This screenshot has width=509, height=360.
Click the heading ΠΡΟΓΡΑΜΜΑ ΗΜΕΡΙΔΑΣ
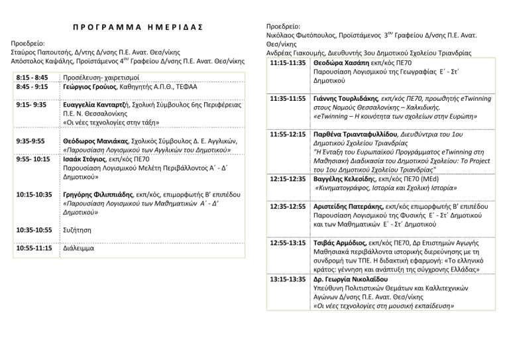(137, 31)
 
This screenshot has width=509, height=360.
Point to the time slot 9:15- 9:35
(30, 105)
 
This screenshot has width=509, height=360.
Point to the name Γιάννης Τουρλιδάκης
(350, 98)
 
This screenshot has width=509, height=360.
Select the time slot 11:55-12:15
(288, 134)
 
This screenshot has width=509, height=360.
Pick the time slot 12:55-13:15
(288, 243)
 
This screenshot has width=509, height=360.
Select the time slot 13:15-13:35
(288, 279)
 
